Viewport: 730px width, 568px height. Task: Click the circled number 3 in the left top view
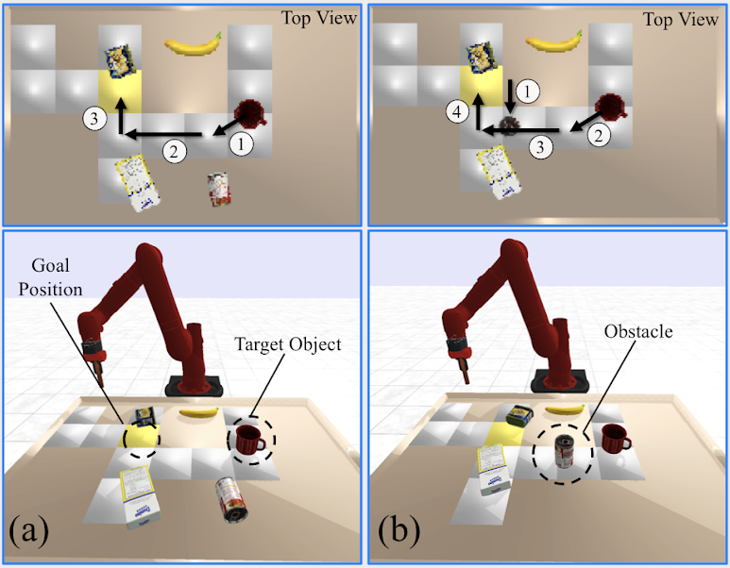point(93,119)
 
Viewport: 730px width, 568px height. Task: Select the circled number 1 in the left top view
point(242,144)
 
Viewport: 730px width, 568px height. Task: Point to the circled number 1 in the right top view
point(528,92)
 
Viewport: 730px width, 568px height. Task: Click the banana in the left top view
point(194,43)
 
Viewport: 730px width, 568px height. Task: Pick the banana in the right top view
point(552,40)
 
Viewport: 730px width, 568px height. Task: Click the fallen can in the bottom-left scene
point(230,498)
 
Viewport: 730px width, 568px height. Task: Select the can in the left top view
point(219,188)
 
